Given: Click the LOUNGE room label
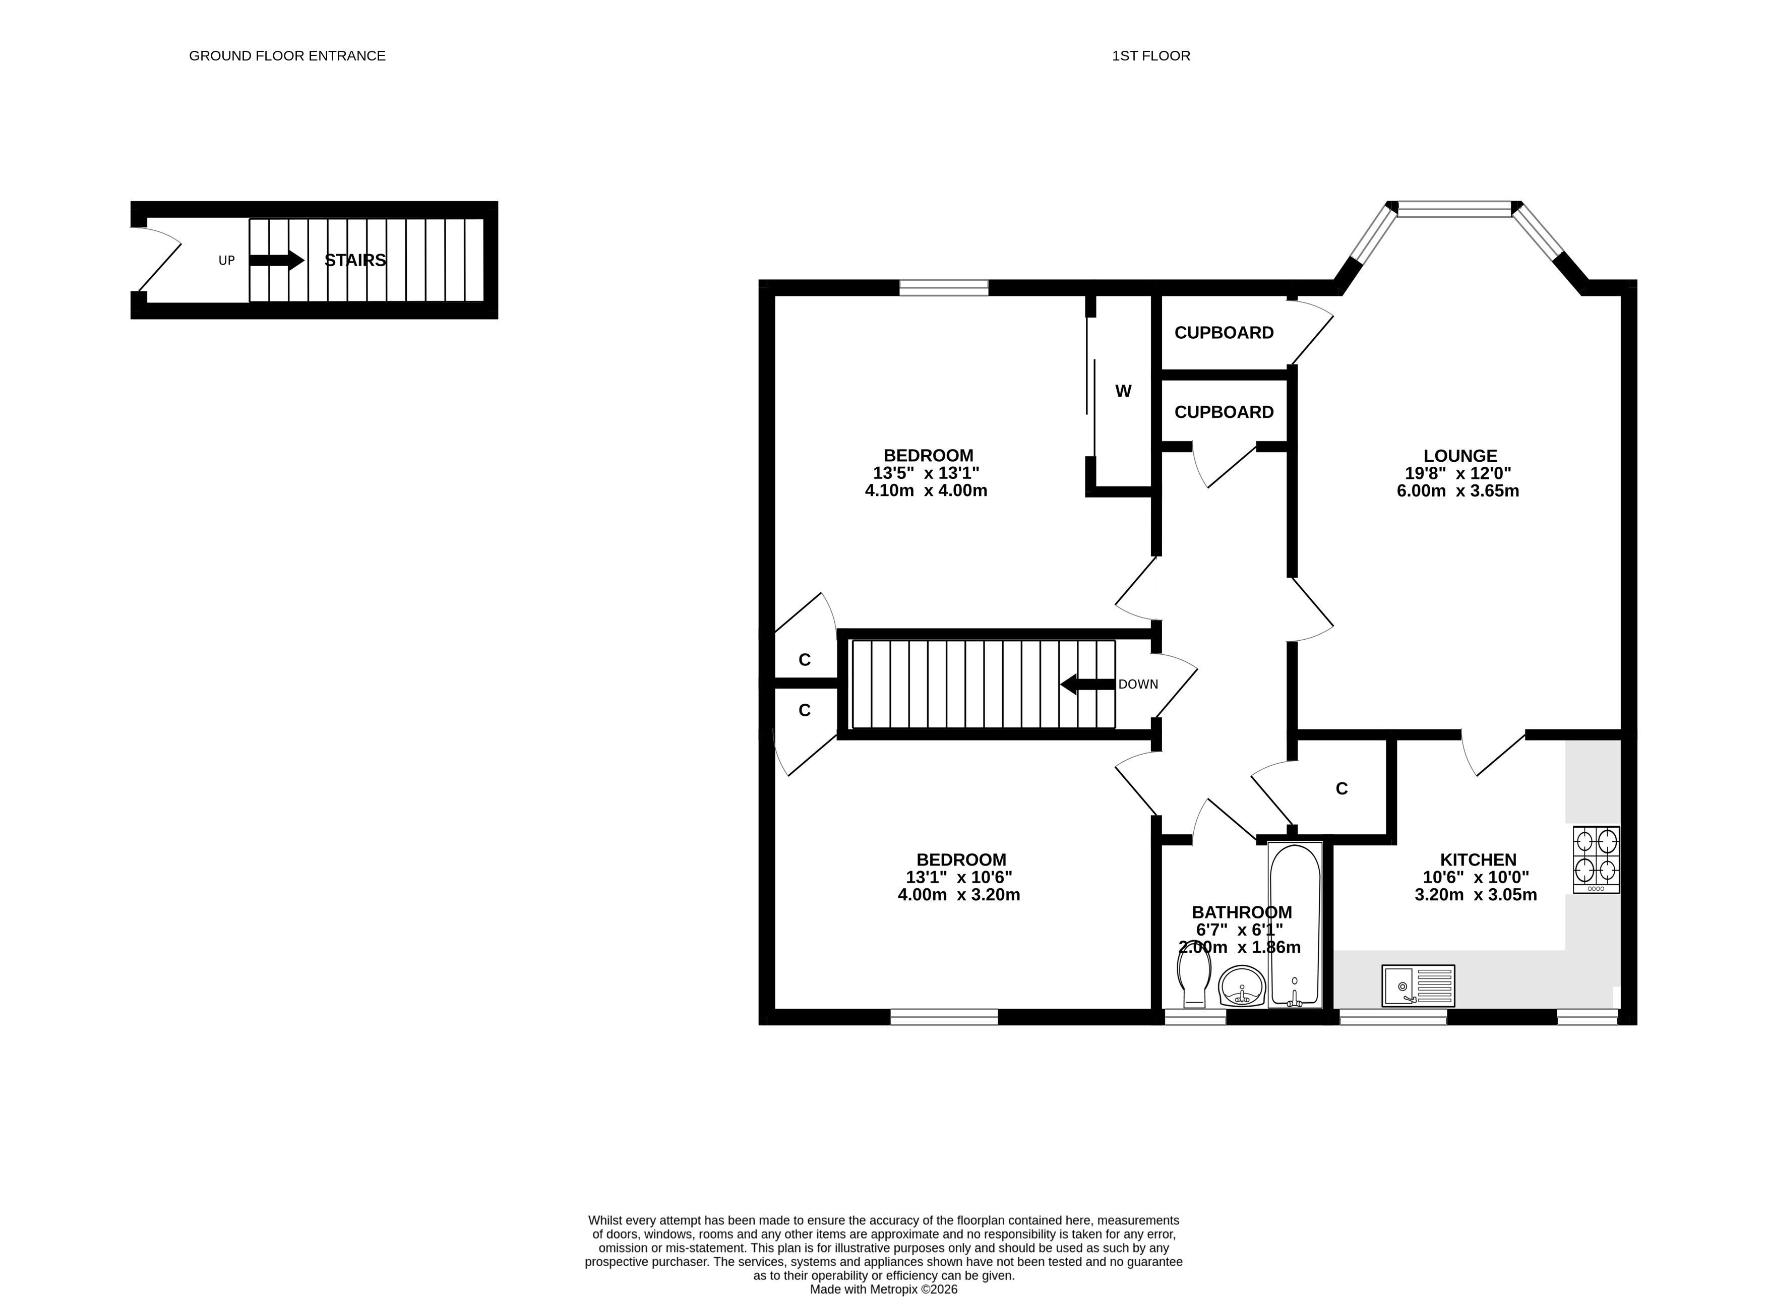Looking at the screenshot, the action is coord(1460,455).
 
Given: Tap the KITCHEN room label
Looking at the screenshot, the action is coord(1478,859).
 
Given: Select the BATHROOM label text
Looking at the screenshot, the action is coord(1242,912).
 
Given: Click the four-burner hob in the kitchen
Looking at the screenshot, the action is coord(1596,859).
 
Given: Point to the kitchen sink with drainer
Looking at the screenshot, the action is coord(1419,986).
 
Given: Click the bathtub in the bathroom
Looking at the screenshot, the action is coord(1295,925).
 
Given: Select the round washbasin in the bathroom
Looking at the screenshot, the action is coord(1242,986).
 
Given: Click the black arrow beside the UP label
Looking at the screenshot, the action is coord(276,260).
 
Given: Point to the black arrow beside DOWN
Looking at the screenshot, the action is coord(1087,685).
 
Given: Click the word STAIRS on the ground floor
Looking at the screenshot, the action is coord(355,260).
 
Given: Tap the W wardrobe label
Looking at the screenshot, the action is coord(1123,391).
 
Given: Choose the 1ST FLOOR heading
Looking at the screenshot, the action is coord(1151,56).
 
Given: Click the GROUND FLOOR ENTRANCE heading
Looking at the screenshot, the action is coord(287,56).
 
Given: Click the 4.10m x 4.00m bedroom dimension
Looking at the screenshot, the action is coord(927,490).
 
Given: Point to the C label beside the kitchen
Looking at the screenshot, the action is coord(1342,788).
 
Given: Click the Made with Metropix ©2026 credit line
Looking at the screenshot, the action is coord(884,1289).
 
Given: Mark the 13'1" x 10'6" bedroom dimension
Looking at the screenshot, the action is coord(959,877).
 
